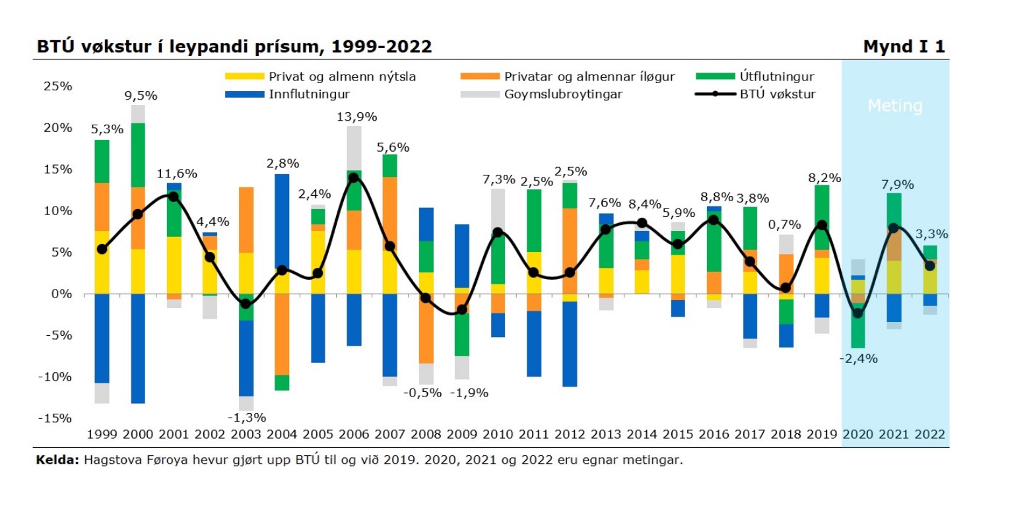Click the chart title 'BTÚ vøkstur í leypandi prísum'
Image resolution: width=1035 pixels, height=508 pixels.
[234, 47]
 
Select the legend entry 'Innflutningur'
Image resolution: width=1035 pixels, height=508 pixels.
[308, 94]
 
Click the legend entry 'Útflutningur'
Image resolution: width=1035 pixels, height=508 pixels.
[776, 77]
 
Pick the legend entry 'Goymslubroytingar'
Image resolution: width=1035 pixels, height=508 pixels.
[563, 94]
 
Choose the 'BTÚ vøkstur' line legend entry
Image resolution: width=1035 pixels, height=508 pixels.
[776, 94]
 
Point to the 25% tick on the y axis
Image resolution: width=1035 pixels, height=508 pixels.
[59, 86]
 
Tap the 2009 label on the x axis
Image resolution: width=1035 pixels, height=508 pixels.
[461, 435]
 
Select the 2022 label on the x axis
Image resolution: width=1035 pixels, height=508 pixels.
[929, 435]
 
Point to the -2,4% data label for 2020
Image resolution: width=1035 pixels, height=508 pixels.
[858, 360]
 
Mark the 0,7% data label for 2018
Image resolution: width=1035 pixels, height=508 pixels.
[786, 224]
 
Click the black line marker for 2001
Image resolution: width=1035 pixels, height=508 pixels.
[174, 197]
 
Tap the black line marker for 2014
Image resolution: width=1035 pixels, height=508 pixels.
[642, 223]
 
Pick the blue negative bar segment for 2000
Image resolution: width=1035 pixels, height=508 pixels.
[138, 348]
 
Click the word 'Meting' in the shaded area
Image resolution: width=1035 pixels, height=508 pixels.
[894, 106]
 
